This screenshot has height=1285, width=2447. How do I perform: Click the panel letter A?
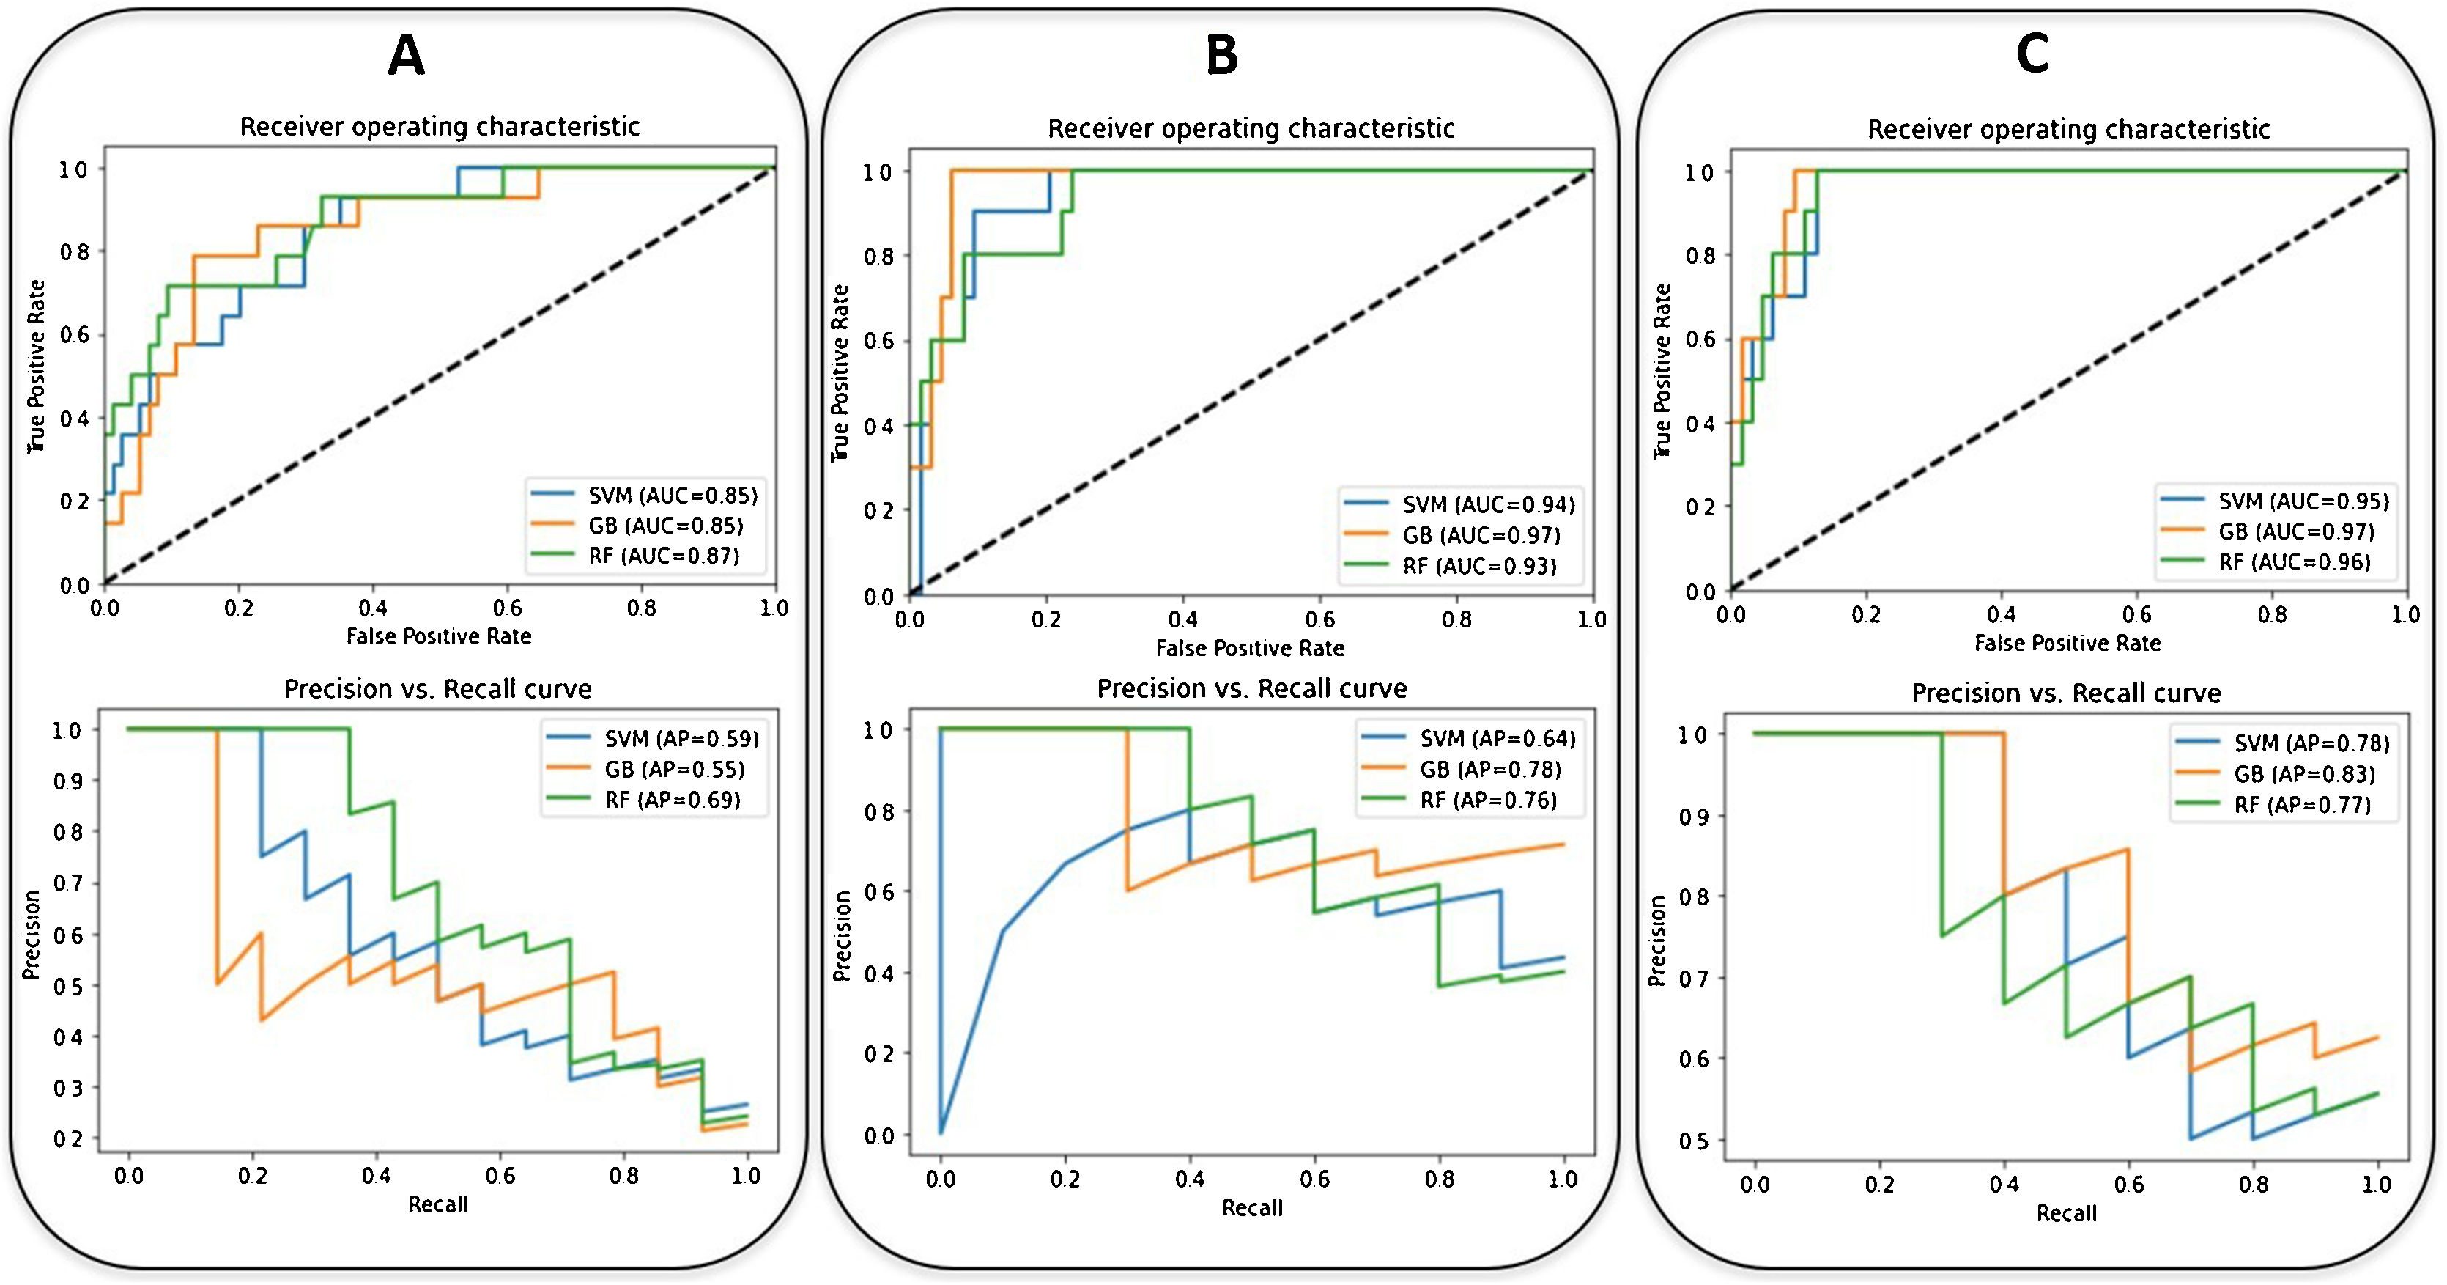(x=406, y=56)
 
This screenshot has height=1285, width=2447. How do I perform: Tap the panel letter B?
(x=1221, y=56)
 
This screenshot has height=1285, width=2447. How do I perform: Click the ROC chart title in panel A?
(x=439, y=126)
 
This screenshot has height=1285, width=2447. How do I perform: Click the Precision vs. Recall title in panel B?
(x=1252, y=688)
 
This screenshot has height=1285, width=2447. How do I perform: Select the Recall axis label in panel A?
(x=438, y=1204)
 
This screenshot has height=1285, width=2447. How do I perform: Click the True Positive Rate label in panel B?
(x=839, y=374)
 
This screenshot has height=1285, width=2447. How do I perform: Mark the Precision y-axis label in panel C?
(x=1658, y=941)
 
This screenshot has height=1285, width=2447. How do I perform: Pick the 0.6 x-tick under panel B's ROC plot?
(x=1319, y=619)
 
